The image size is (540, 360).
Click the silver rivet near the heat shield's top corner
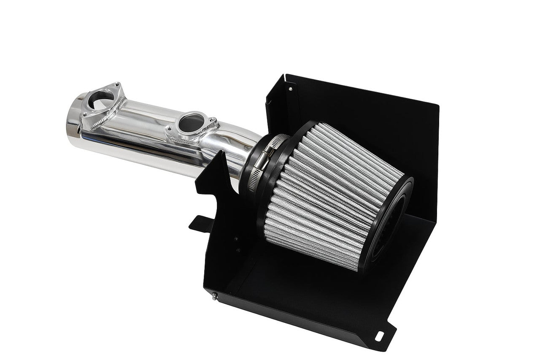290,89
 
